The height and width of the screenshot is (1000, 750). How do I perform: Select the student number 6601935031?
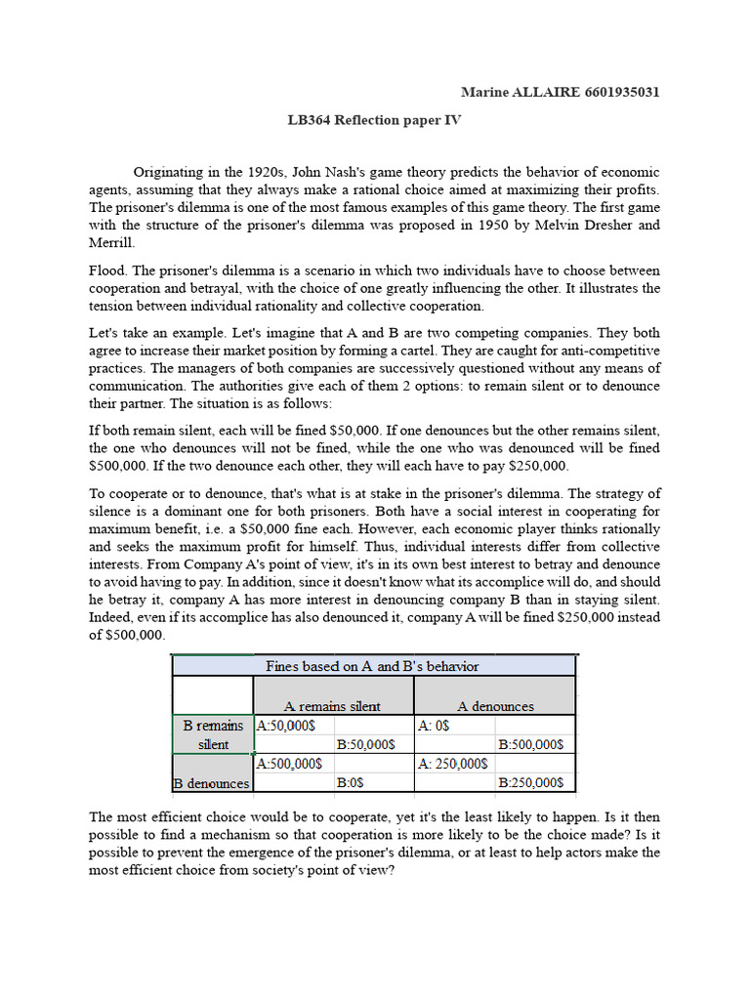click(x=621, y=92)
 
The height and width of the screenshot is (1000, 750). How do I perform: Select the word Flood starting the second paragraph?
click(x=107, y=271)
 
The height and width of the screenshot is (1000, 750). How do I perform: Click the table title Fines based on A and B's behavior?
click(x=373, y=666)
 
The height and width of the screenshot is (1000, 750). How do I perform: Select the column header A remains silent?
click(x=332, y=705)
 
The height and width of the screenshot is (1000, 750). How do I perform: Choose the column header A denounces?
click(x=495, y=705)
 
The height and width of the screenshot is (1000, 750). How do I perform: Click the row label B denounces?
click(x=212, y=782)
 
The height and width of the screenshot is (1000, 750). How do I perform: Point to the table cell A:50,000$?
click(x=288, y=726)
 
